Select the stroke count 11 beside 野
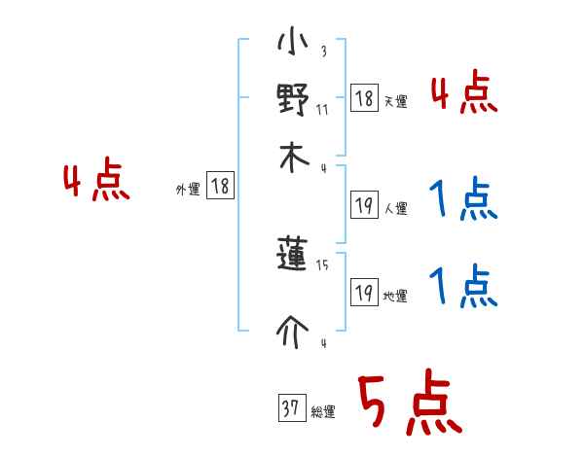click(322, 110)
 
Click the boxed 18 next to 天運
click(364, 98)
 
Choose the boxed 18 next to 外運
click(220, 187)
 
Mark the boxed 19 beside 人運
click(364, 204)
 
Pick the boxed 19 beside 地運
click(364, 293)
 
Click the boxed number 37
click(290, 408)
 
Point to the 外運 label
click(187, 191)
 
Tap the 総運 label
click(322, 412)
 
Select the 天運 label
click(395, 101)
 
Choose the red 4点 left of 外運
click(96, 183)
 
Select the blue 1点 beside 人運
click(463, 201)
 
